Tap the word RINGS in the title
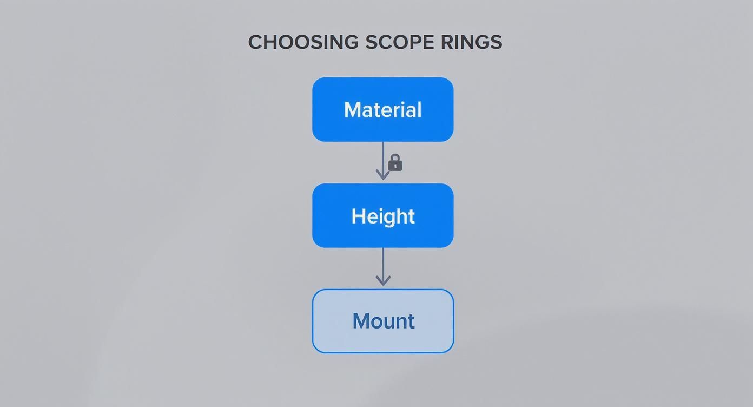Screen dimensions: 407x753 472,42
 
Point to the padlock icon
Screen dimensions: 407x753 395,163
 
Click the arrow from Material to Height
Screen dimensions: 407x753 383,157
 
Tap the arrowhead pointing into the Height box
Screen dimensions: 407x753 383,175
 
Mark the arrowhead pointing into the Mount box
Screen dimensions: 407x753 383,281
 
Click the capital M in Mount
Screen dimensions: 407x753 361,321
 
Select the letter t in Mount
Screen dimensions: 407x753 411,321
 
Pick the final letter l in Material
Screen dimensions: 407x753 419,109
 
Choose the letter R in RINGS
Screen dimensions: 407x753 447,42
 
